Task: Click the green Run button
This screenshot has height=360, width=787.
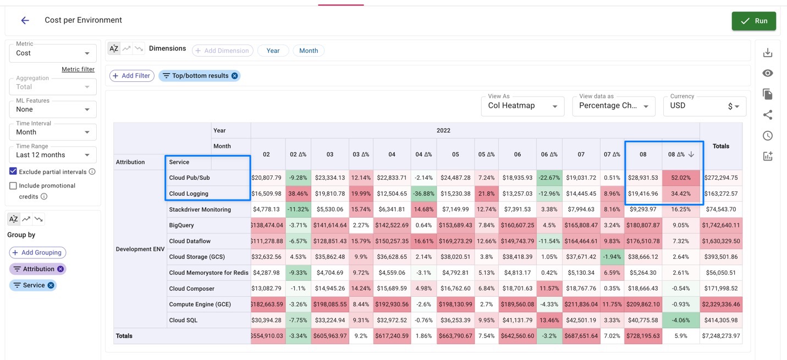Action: pyautogui.click(x=753, y=21)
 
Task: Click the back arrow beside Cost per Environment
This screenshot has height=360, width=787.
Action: pyautogui.click(x=25, y=20)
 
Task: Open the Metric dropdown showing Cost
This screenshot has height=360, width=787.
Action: pyautogui.click(x=53, y=53)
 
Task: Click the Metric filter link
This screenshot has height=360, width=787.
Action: pyautogui.click(x=78, y=69)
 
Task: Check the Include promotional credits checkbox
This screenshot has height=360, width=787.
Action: pyautogui.click(x=13, y=186)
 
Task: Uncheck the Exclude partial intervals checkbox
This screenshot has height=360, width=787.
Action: pyautogui.click(x=13, y=171)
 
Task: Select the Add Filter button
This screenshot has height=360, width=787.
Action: pyautogui.click(x=131, y=76)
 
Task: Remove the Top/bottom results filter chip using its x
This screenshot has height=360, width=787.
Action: pyautogui.click(x=234, y=76)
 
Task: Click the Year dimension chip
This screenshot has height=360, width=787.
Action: pyautogui.click(x=273, y=51)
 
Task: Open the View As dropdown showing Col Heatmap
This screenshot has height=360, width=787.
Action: pyautogui.click(x=522, y=106)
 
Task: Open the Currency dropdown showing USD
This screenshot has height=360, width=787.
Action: pyautogui.click(x=704, y=106)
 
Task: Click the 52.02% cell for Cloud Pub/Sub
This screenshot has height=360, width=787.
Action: pyautogui.click(x=681, y=178)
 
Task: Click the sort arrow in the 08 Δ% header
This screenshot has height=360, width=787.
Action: pyautogui.click(x=691, y=154)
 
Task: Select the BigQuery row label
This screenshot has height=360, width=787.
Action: pyautogui.click(x=181, y=225)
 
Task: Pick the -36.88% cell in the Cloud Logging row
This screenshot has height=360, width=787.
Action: pyautogui.click(x=423, y=193)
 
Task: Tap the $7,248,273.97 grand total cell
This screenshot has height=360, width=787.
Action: pyautogui.click(x=720, y=336)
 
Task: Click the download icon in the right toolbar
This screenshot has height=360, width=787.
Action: pyautogui.click(x=768, y=53)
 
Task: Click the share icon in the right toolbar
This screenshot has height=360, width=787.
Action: pyautogui.click(x=768, y=115)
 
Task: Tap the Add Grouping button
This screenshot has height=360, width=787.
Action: pyautogui.click(x=37, y=253)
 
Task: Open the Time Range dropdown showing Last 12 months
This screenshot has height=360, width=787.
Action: pyautogui.click(x=53, y=155)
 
